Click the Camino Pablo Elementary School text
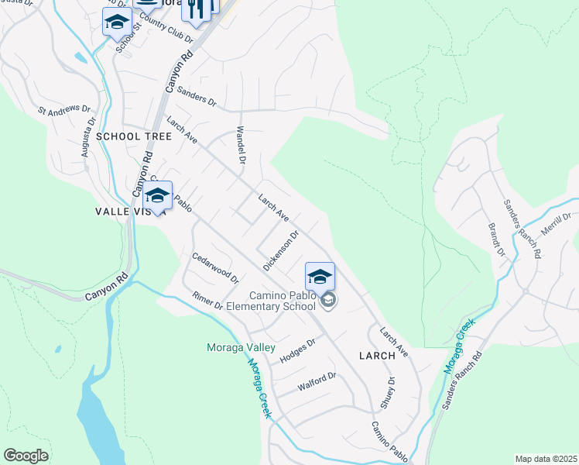coord(283,301)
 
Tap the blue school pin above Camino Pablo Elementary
coord(320,277)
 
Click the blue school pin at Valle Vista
coord(157,195)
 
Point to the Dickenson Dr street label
coord(280,250)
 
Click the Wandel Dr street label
coord(241,145)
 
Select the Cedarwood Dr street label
coord(215,267)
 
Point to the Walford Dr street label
coord(317,381)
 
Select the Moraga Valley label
coord(241,347)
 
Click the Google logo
coord(26,456)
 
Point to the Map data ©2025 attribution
coord(545,459)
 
